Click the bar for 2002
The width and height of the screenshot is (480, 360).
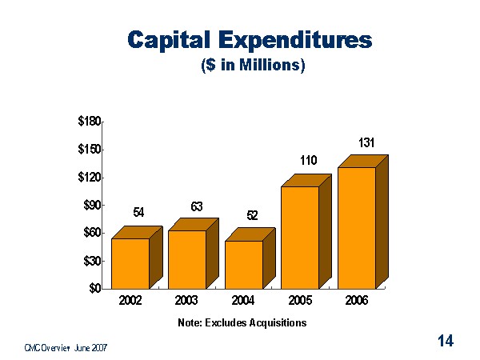pyautogui.click(x=130, y=263)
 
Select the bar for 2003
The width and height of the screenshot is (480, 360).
pyautogui.click(x=186, y=259)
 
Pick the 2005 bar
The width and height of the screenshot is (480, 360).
pyautogui.click(x=300, y=237)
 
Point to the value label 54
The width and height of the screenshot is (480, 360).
pyautogui.click(x=138, y=212)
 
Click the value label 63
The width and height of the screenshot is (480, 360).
pyautogui.click(x=196, y=206)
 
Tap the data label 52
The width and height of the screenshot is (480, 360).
pyautogui.click(x=252, y=216)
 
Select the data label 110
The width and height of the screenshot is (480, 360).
pyautogui.click(x=309, y=161)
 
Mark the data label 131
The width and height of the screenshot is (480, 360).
pyautogui.click(x=366, y=142)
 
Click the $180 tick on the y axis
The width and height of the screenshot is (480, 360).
pyautogui.click(x=89, y=122)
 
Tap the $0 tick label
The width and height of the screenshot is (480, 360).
pyautogui.click(x=94, y=288)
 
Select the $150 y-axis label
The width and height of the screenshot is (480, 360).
pyautogui.click(x=89, y=150)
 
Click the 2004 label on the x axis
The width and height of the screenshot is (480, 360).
pyautogui.click(x=243, y=302)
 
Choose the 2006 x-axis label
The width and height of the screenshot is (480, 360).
pyautogui.click(x=356, y=302)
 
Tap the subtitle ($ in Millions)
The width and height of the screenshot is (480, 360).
pyautogui.click(x=254, y=66)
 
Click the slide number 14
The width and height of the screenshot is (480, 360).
pyautogui.click(x=446, y=342)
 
